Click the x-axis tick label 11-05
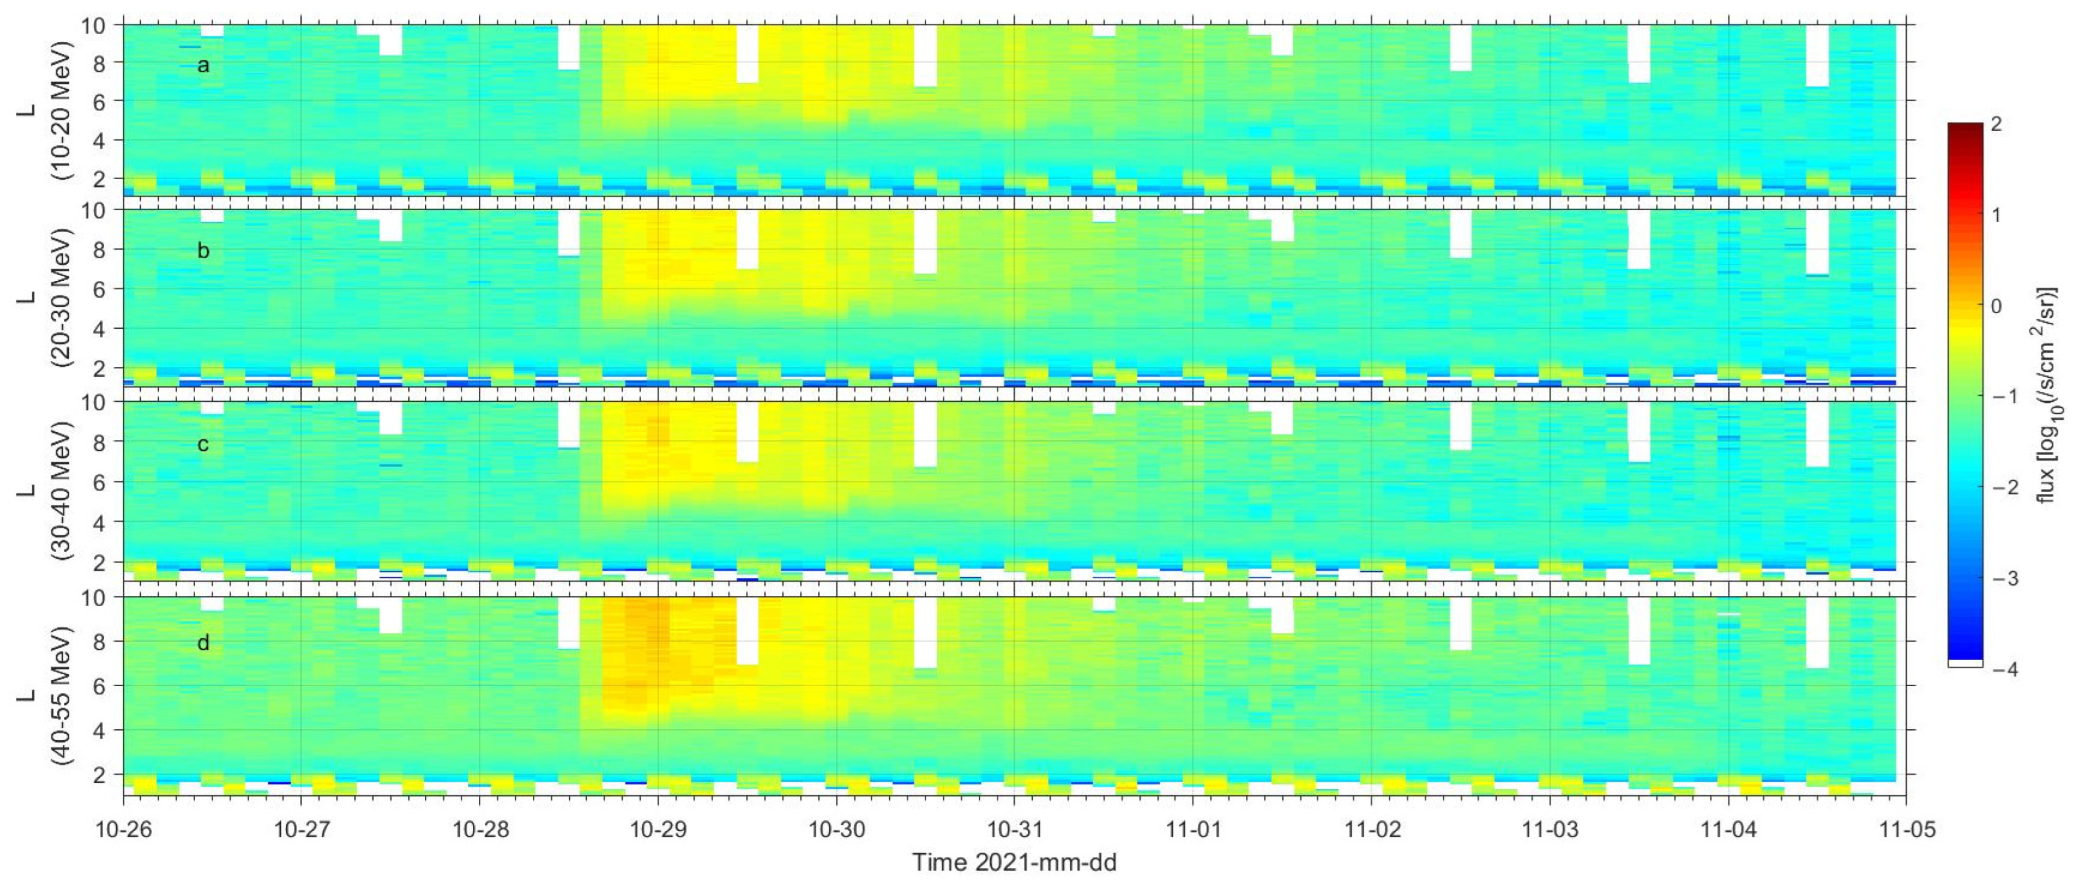pyautogui.click(x=1906, y=830)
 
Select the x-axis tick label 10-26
pyautogui.click(x=123, y=830)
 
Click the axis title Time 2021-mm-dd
pyautogui.click(x=1014, y=862)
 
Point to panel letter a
pyautogui.click(x=204, y=65)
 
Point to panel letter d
pyautogui.click(x=204, y=643)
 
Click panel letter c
pyautogui.click(x=204, y=444)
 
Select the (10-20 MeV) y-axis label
pyautogui.click(x=61, y=111)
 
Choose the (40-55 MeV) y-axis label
pyautogui.click(x=61, y=695)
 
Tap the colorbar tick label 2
pyautogui.click(x=1996, y=124)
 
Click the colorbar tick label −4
pyautogui.click(x=2004, y=669)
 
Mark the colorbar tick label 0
pyautogui.click(x=1996, y=307)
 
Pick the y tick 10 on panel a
pyautogui.click(x=93, y=26)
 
